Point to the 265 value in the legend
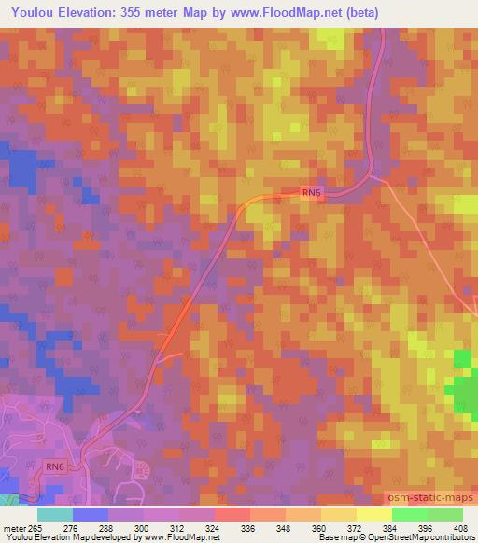(35, 528)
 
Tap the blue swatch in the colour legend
(90, 514)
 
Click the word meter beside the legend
(14, 528)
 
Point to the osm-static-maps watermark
(431, 502)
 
